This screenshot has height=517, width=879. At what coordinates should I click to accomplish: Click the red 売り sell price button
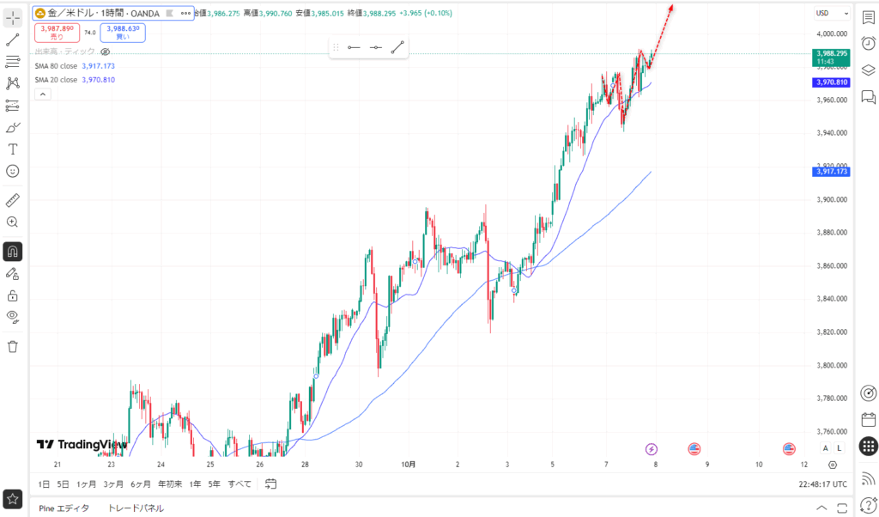click(58, 33)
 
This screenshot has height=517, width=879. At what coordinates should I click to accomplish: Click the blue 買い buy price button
click(122, 33)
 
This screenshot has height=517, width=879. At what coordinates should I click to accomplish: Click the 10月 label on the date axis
click(409, 465)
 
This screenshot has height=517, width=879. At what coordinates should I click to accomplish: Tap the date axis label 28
click(306, 465)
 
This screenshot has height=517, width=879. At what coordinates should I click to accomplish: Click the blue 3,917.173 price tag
click(830, 172)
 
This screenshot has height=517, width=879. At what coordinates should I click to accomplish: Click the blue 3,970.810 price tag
click(830, 82)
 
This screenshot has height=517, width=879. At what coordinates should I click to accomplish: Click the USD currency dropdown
click(833, 13)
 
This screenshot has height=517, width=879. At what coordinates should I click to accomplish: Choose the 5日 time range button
click(64, 484)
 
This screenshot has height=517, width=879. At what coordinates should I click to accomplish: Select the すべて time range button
click(239, 484)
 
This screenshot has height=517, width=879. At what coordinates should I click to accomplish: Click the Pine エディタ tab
click(64, 508)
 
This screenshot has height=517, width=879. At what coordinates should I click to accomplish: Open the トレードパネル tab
click(136, 508)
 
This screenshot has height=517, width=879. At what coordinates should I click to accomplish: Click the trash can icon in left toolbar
click(13, 346)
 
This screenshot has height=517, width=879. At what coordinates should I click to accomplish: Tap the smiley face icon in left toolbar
click(13, 171)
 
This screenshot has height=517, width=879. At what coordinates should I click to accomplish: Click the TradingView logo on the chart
click(82, 445)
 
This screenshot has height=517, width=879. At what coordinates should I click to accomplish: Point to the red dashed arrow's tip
click(672, 5)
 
